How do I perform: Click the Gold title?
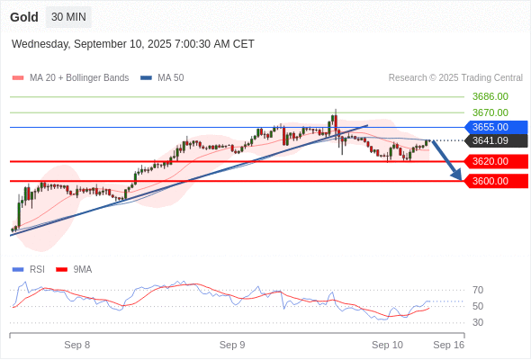coord(24,17)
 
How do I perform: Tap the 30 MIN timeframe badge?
coord(68,17)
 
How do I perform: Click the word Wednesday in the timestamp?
coord(40,44)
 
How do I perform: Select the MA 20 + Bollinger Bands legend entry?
coord(70,78)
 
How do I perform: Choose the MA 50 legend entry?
coord(162,78)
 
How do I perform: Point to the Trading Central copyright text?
coord(455,78)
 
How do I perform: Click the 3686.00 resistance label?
coord(490,96)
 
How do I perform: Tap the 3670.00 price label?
coord(490,112)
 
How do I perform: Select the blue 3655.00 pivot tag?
coord(496,127)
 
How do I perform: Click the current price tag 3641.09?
coord(496,140)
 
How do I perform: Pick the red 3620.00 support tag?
coord(496,161)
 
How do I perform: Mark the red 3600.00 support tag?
coord(496,181)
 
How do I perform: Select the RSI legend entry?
coord(29,270)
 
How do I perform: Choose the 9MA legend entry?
coord(74,270)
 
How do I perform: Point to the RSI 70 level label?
coord(478,290)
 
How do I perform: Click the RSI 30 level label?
coord(478,322)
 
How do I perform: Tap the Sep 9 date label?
coord(232,345)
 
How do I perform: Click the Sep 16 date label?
coord(449,345)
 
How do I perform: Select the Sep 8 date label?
coord(77,345)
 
